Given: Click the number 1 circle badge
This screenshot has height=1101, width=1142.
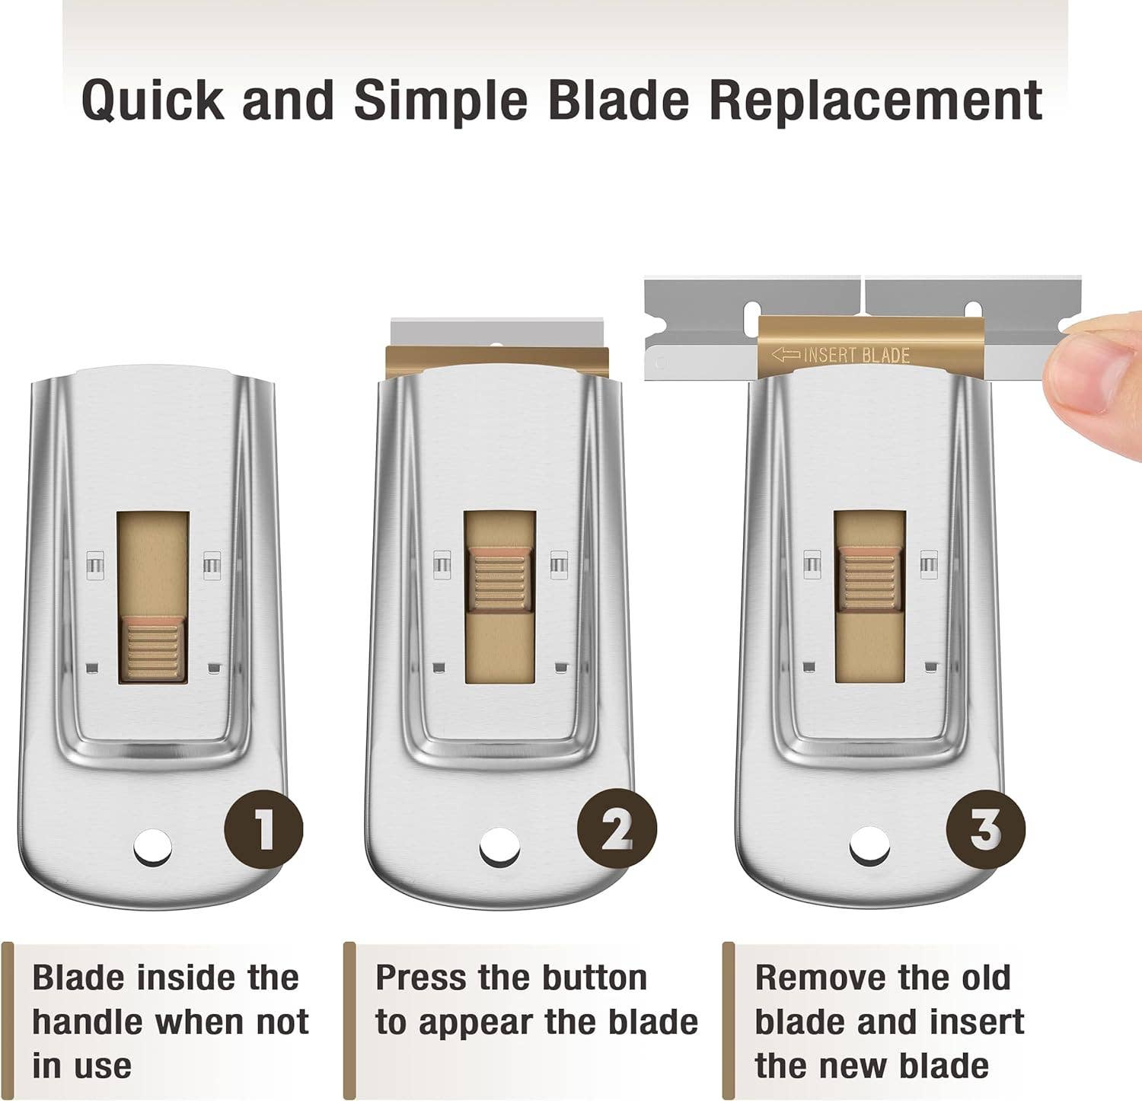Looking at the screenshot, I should click(263, 829).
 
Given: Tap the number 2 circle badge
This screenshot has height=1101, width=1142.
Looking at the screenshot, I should click(617, 829).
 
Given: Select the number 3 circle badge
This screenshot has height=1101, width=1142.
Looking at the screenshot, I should click(985, 828).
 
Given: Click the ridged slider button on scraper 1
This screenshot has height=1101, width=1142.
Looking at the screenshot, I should click(153, 648).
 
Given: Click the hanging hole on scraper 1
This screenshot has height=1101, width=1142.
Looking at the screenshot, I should click(153, 847).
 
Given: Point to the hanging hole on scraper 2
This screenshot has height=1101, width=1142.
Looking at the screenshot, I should click(499, 847).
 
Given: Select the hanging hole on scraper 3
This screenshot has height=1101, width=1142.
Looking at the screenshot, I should click(869, 847).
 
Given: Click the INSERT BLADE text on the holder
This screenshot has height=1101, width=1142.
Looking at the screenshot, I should click(856, 355).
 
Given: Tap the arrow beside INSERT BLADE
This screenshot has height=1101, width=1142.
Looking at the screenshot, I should click(786, 355).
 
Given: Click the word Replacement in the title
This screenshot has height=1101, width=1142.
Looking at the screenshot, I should click(876, 100).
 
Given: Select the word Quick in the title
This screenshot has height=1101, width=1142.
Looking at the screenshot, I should click(153, 100).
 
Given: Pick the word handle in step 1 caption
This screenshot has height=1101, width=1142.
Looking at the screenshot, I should click(86, 1022).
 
